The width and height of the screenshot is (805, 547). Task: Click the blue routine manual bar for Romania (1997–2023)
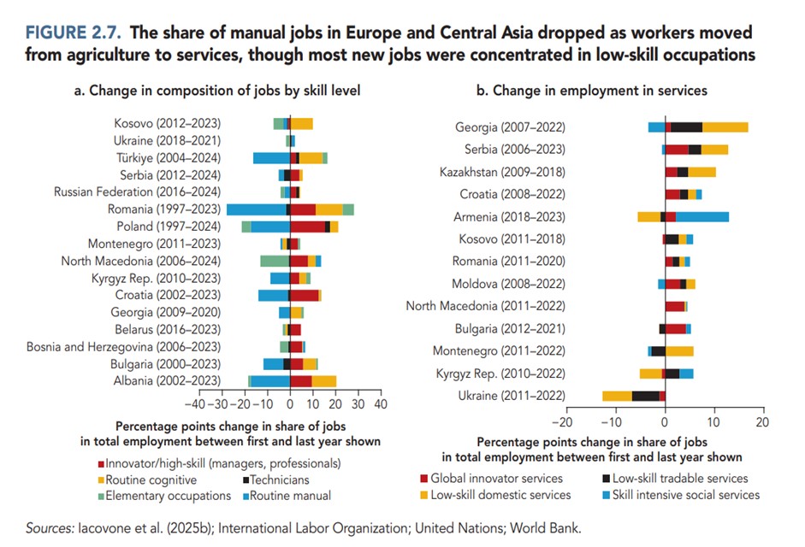point(256,209)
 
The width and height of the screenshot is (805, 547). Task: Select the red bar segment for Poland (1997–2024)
point(307,226)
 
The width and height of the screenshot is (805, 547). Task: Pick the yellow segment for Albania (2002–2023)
point(324,380)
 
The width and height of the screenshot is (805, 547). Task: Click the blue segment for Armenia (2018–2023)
point(702,216)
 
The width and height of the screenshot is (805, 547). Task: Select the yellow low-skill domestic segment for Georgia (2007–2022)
point(725,127)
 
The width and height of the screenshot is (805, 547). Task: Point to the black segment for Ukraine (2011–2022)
point(645,395)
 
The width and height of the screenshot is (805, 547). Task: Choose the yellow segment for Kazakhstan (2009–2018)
point(701,172)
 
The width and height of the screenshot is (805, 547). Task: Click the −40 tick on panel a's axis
point(196,403)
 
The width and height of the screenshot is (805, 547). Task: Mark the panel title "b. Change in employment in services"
point(591,90)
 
